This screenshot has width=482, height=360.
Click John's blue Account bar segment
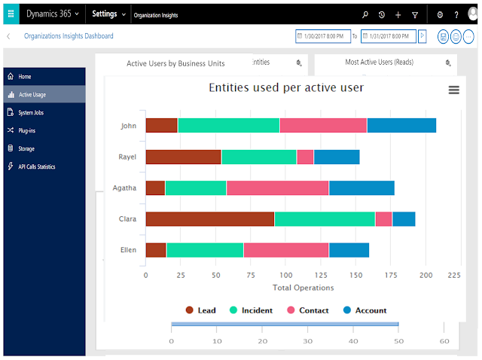[x=401, y=126]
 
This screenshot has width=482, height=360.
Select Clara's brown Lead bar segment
[x=210, y=219]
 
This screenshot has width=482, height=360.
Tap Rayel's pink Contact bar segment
[x=305, y=157]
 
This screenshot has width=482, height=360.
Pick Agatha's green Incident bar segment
[x=196, y=188]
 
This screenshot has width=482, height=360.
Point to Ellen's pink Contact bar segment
[x=286, y=250]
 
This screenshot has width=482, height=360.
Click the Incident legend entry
[x=251, y=310]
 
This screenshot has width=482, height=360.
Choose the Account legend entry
[x=365, y=310]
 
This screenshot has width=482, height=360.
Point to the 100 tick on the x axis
[x=286, y=275]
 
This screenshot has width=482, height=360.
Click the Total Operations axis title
[x=303, y=288]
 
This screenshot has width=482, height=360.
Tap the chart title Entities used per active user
[x=286, y=87]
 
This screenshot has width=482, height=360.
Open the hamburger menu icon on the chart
[x=453, y=90]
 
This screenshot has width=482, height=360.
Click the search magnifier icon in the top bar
[x=365, y=14]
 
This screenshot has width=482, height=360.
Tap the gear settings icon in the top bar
[x=440, y=14]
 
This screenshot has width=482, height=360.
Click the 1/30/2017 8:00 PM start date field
[x=323, y=36]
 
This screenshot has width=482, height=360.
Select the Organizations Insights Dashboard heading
[x=69, y=36]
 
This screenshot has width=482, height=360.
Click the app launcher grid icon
[x=11, y=14]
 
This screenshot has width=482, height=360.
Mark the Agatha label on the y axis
[x=124, y=188]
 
